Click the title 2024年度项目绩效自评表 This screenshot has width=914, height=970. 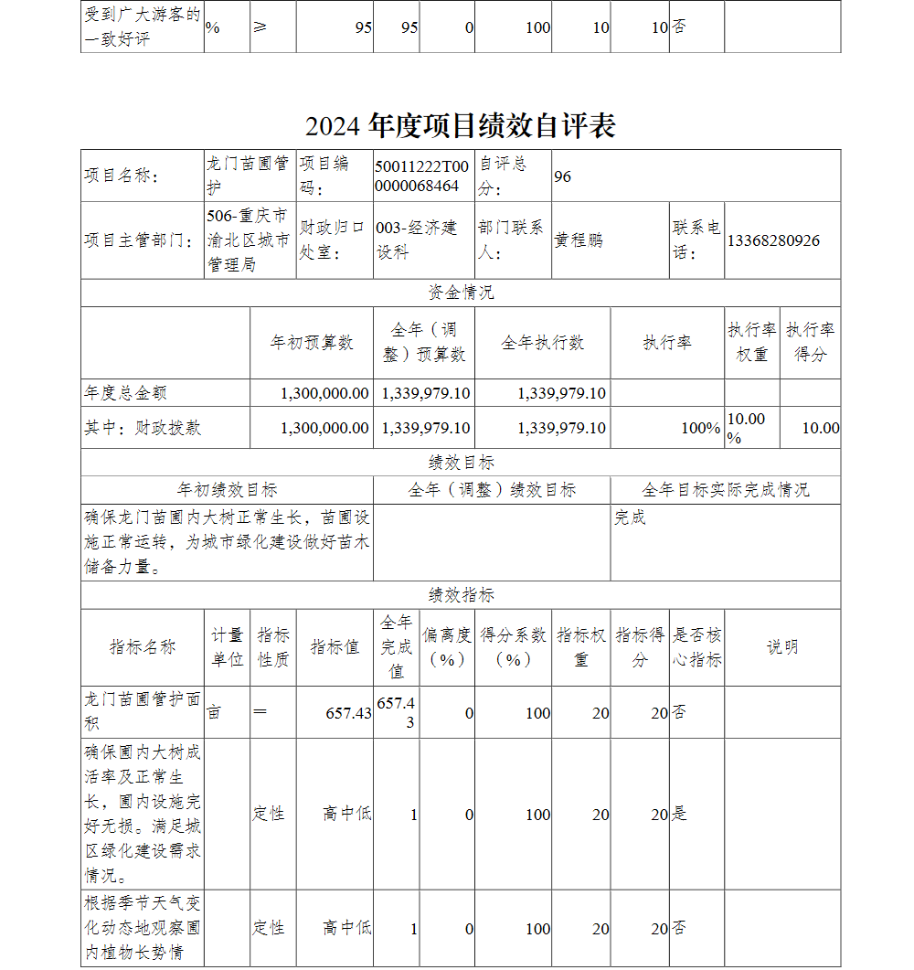click(x=460, y=125)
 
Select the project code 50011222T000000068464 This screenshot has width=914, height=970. click(x=421, y=176)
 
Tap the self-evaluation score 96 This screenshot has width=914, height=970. click(x=562, y=176)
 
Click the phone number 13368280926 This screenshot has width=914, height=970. click(x=773, y=240)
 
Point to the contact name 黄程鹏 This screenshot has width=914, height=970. click(x=579, y=240)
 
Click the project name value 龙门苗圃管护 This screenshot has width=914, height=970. click(x=248, y=176)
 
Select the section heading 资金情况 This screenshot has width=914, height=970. click(x=461, y=293)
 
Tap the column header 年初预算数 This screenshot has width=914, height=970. click(x=312, y=343)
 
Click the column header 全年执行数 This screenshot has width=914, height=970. click(x=542, y=343)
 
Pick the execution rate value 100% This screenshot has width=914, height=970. click(x=700, y=428)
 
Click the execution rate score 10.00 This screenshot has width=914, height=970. click(x=820, y=428)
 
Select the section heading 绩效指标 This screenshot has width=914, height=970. click(x=461, y=595)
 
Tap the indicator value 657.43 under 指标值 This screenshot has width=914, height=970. click(x=348, y=713)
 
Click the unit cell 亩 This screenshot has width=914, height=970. click(x=214, y=712)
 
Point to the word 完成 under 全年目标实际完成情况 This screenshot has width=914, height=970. click(x=630, y=517)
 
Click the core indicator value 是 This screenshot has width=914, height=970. click(x=679, y=814)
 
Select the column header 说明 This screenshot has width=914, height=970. click(x=781, y=647)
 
